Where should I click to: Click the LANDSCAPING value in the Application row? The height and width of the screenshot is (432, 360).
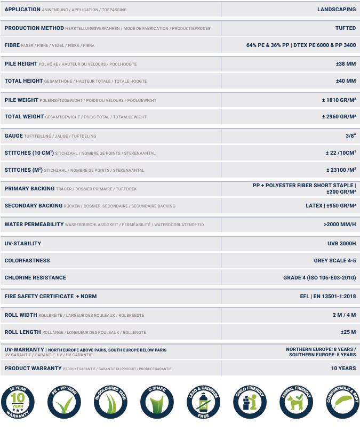(x=336, y=10)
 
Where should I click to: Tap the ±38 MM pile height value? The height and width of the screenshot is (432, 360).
(x=346, y=64)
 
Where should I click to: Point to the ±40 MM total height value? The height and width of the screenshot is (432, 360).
(x=346, y=81)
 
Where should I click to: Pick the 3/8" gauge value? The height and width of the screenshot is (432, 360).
(x=350, y=135)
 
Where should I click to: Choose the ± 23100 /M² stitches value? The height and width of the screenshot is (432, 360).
(x=341, y=170)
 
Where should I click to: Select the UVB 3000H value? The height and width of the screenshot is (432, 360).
(x=341, y=244)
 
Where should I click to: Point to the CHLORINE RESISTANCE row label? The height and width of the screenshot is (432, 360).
(x=35, y=278)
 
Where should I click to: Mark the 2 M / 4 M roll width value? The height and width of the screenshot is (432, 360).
(x=344, y=315)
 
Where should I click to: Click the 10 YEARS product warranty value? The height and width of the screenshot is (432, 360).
(x=343, y=369)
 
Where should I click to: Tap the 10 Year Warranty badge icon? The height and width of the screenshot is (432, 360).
(x=21, y=402)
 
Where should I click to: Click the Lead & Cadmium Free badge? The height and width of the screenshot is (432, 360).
(x=203, y=402)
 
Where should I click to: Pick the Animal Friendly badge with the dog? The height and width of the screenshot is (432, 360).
(x=294, y=402)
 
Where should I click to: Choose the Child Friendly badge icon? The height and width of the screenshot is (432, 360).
(x=249, y=402)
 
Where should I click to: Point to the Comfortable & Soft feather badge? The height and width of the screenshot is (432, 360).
(x=340, y=402)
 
